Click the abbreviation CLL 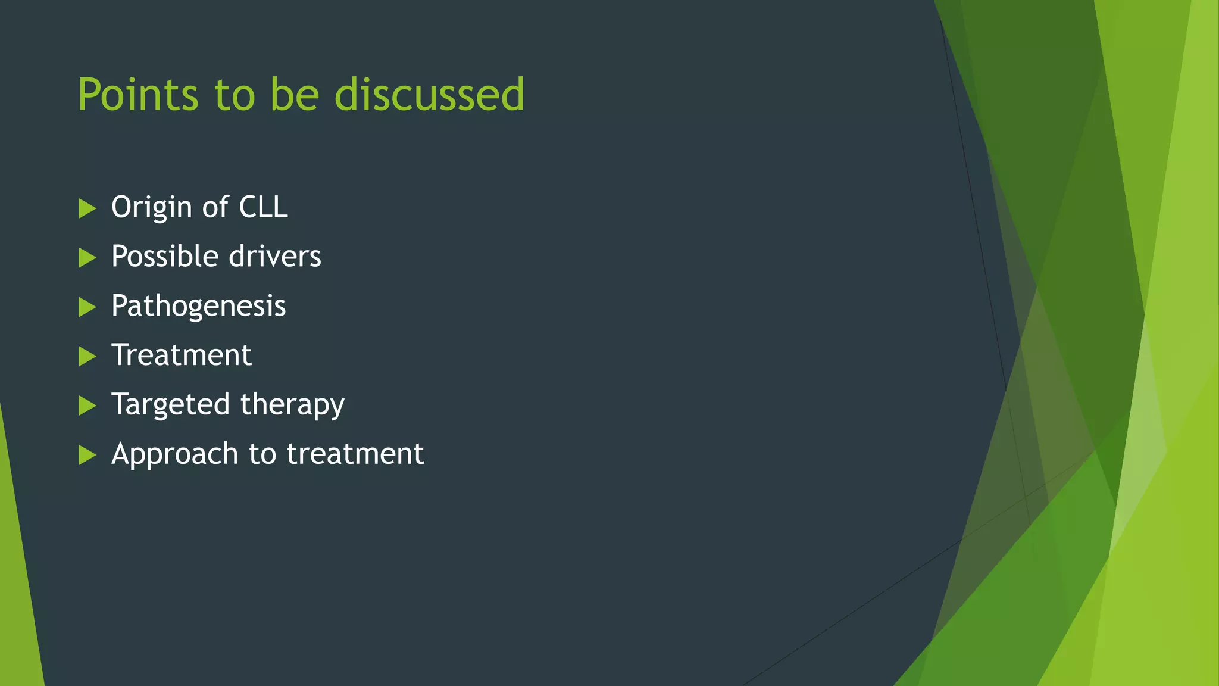[263, 207]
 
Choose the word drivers [275, 257]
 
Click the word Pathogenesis [198, 307]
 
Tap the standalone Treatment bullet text [182, 355]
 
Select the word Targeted [170, 405]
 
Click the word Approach [174, 454]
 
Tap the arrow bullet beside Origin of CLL [87, 208]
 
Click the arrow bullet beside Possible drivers [87, 258]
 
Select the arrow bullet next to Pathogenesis [87, 307]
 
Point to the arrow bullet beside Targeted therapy [87, 406]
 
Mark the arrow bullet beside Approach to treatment [87, 456]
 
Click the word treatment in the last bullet [355, 454]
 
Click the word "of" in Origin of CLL [215, 207]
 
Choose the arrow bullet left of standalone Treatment [87, 357]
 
